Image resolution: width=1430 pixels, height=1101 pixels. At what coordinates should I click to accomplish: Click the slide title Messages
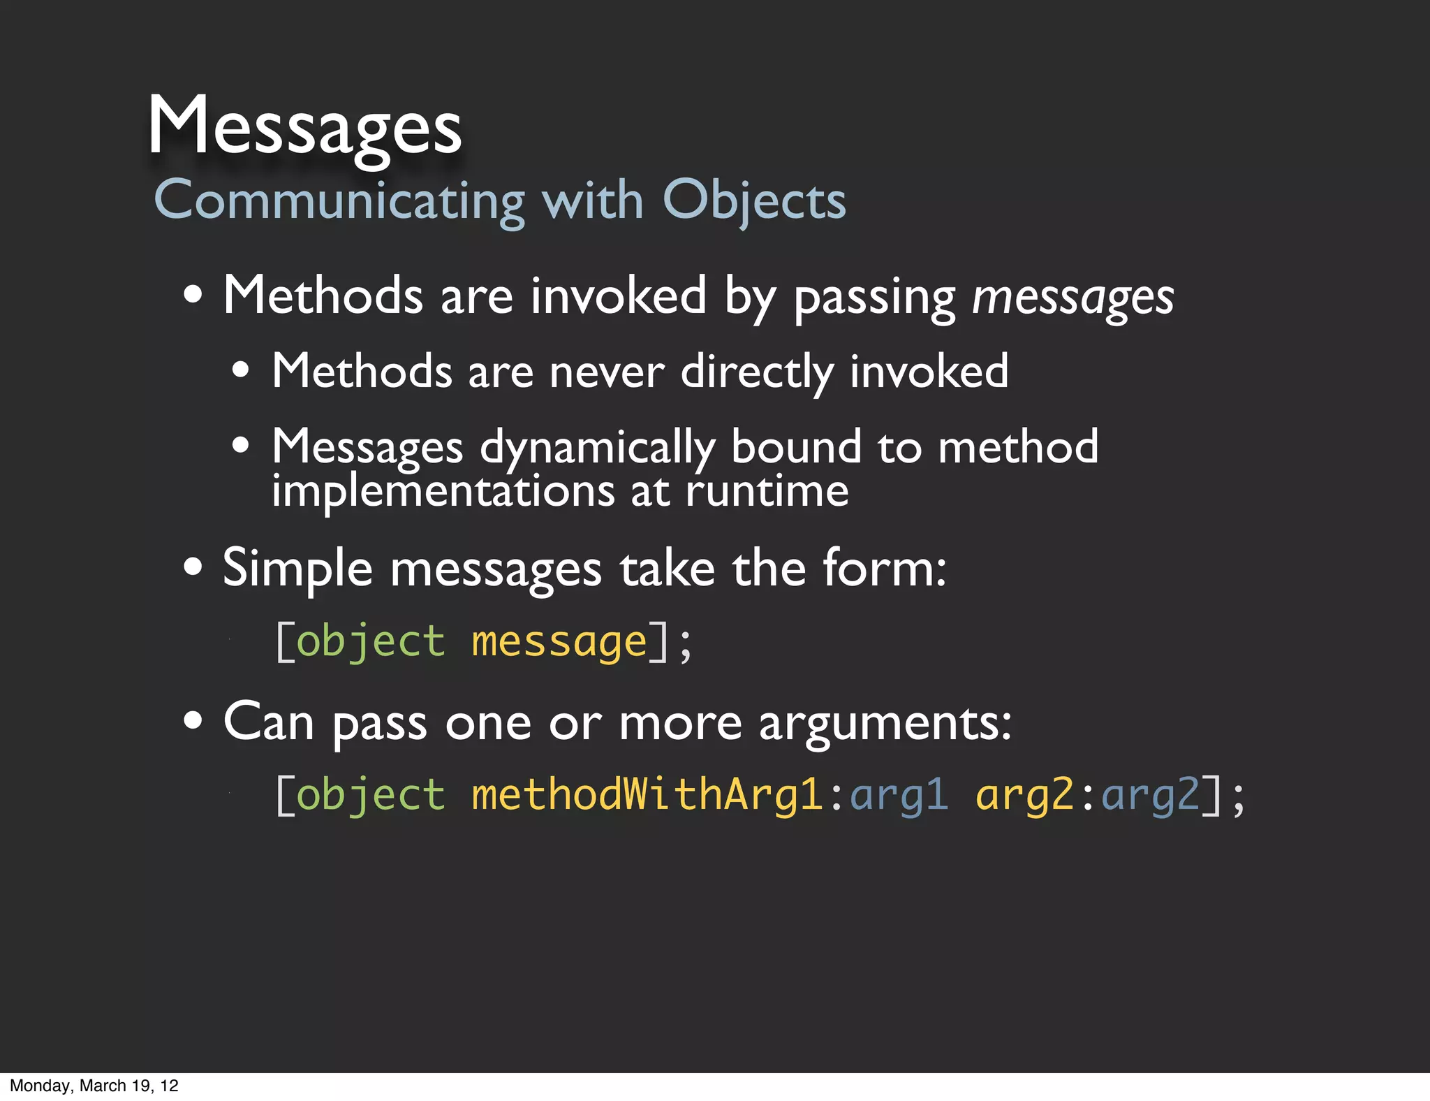pos(305,126)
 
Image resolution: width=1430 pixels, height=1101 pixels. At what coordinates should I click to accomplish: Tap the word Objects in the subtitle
pos(754,200)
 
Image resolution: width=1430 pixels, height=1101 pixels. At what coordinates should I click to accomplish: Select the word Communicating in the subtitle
pos(339,200)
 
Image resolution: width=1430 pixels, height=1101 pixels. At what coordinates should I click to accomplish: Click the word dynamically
pos(598,448)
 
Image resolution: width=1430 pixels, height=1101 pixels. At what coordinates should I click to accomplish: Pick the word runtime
pos(767,490)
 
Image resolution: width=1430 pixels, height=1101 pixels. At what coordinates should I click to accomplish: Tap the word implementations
pos(443,490)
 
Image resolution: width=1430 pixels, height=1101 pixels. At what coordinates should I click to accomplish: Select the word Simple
pos(297,569)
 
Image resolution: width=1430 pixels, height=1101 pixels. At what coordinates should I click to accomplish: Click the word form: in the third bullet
pos(885,569)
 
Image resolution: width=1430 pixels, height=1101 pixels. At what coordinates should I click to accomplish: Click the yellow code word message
pos(559,641)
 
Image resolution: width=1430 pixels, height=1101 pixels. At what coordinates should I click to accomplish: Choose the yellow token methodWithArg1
pos(647,795)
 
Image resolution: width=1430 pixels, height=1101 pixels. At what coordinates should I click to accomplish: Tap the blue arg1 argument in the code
pos(899,795)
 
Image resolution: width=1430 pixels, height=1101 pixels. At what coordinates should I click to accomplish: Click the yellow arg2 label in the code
pos(1024,795)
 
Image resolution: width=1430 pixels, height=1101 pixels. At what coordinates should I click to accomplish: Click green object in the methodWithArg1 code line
pos(371,795)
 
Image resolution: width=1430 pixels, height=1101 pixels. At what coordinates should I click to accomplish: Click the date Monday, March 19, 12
pos(94,1086)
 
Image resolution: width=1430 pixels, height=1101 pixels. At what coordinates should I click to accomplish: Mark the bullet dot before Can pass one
pos(193,720)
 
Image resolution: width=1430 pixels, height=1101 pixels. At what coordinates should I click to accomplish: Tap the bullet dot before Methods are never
pos(241,370)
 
